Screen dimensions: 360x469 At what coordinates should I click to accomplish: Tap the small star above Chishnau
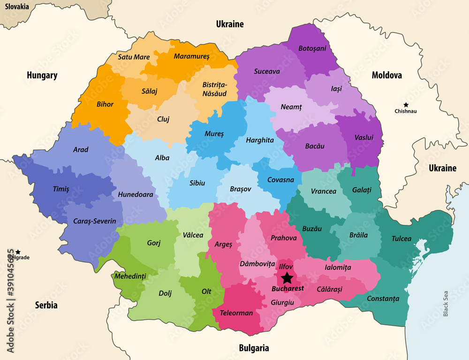coord(406,105)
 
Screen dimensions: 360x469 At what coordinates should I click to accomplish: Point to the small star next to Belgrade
coord(18,252)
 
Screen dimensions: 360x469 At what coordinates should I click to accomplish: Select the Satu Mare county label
coord(134,57)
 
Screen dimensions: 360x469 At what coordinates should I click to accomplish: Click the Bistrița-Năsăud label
coord(214,89)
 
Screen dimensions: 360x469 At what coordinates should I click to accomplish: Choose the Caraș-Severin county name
coord(94,221)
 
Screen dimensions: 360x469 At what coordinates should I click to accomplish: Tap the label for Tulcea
coord(401,239)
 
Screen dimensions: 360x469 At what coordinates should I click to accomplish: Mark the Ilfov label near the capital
coord(286,266)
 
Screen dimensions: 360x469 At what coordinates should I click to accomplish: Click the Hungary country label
coord(42,75)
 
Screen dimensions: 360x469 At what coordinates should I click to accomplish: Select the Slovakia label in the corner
coord(17,7)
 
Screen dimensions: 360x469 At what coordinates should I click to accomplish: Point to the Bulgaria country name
coord(254,348)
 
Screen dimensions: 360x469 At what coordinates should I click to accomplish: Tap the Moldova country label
coord(387,75)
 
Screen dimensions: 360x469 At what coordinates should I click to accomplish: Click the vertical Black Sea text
coord(446,303)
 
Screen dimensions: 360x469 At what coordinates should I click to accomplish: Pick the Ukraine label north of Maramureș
coord(230,24)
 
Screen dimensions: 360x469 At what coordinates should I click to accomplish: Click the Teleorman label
coord(236,313)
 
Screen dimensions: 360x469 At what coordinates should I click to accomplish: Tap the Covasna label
coord(280,180)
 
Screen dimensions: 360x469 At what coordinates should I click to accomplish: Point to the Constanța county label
coord(383,299)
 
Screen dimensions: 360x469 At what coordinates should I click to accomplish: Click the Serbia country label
coord(46,305)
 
